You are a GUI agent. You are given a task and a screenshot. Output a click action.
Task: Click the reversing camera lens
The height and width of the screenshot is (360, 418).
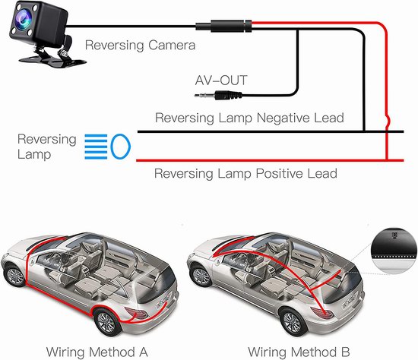24,19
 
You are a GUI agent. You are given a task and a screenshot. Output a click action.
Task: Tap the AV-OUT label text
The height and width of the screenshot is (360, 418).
221,81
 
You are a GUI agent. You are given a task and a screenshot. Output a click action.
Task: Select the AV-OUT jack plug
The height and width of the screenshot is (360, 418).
218,95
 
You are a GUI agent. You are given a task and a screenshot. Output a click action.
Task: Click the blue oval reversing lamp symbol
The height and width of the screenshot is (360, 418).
121,147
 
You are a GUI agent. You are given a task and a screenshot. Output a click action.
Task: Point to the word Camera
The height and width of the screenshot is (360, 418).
172,45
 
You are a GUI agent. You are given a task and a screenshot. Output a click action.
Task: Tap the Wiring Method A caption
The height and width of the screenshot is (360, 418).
97,352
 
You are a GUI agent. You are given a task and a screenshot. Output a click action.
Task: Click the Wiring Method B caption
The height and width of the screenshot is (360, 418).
299,352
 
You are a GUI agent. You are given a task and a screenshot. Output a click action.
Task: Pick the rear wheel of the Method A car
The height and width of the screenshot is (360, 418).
106,322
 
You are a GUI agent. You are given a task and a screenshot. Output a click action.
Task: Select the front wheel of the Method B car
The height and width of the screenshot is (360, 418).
201,275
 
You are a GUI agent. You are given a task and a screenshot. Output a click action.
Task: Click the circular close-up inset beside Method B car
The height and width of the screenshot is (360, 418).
394,251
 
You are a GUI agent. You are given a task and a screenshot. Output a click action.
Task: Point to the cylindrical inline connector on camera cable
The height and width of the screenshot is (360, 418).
224,26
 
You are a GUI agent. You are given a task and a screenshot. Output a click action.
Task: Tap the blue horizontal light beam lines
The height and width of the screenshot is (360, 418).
96,147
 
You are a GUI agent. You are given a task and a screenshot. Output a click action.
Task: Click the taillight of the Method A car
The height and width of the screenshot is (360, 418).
136,313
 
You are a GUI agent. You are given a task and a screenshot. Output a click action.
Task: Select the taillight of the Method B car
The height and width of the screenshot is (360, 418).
322,313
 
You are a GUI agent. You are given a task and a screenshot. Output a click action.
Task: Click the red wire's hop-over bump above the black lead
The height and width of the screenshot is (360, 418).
388,122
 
